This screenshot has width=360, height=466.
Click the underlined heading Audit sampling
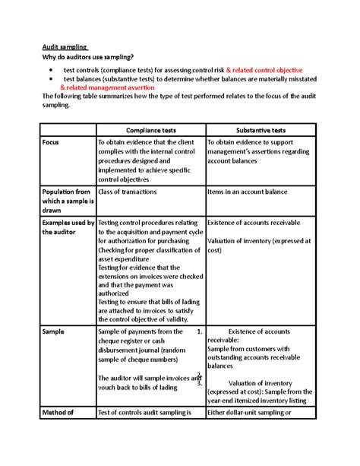coord(65,46)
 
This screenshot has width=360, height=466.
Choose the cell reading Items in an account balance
coord(247,192)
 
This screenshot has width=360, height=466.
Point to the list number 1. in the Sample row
coord(198,331)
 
